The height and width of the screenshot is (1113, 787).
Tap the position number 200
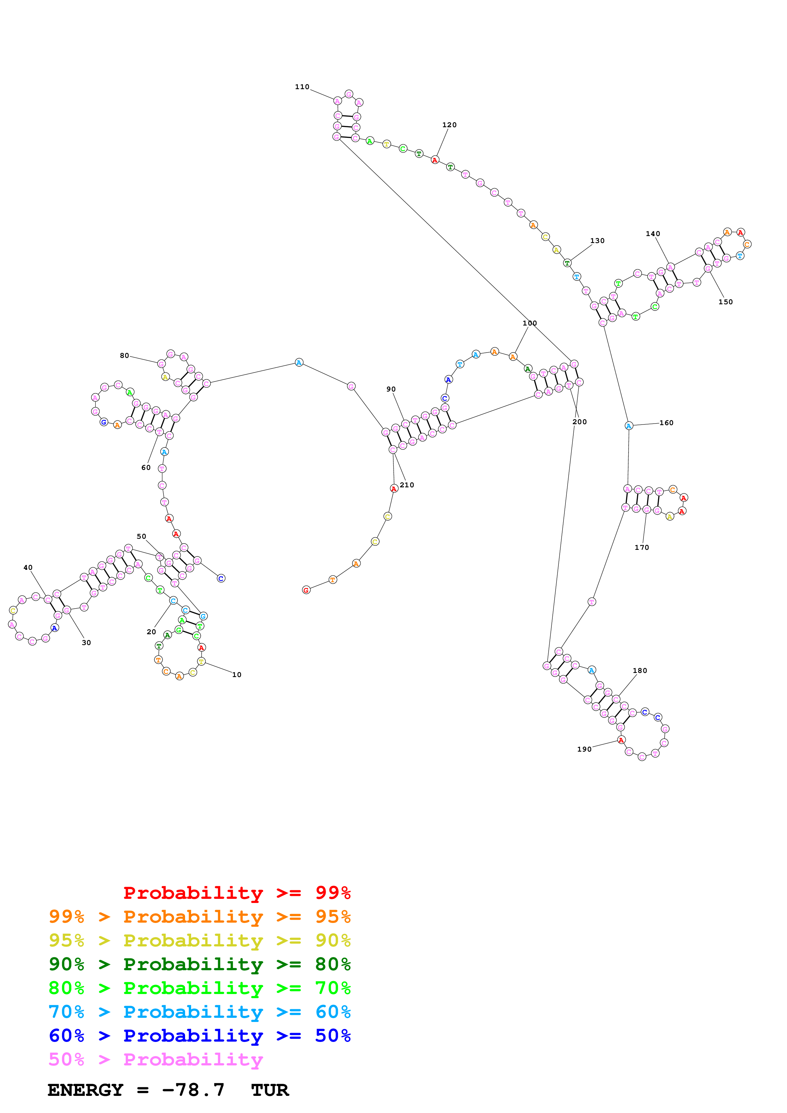(579, 422)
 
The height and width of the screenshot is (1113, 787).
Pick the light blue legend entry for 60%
(199, 1012)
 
